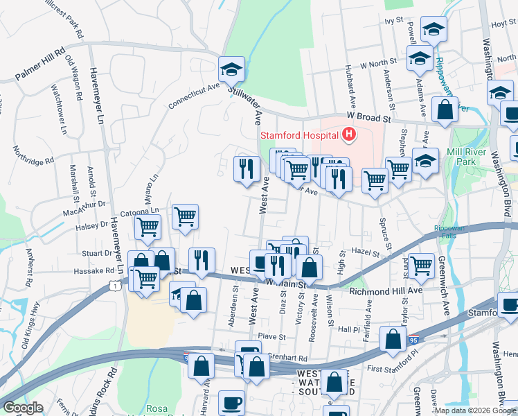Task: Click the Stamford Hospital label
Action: click(x=299, y=135)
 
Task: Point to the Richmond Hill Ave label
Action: click(x=386, y=291)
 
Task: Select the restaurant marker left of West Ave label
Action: click(x=246, y=168)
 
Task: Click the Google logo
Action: click(x=23, y=408)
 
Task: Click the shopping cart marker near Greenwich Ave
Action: click(x=421, y=265)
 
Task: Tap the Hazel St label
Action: click(x=361, y=254)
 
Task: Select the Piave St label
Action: click(x=272, y=336)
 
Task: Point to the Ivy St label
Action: click(x=394, y=21)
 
